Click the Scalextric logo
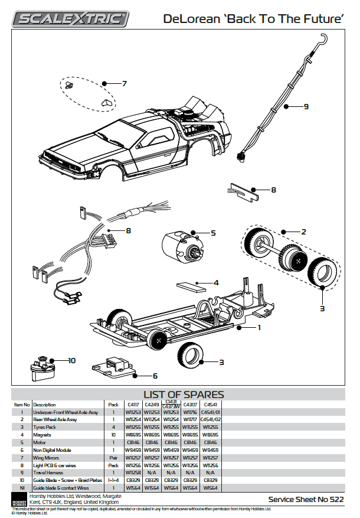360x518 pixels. click(72, 19)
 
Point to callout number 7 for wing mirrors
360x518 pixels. click(124, 83)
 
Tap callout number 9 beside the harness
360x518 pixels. click(306, 107)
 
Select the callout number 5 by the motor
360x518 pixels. click(213, 233)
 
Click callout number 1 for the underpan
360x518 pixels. click(258, 327)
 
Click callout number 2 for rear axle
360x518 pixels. click(303, 232)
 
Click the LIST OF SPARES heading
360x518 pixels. click(184, 395)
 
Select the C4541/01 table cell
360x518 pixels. click(211, 412)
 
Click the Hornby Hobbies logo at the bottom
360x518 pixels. click(19, 499)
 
